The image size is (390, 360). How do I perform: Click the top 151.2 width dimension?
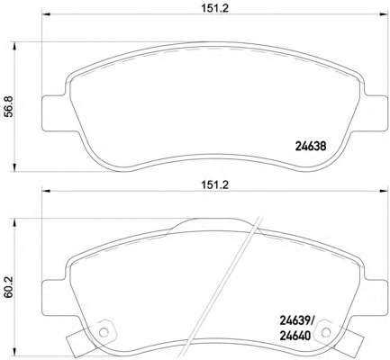(214, 8)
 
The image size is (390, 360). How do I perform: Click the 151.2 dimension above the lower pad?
(214, 184)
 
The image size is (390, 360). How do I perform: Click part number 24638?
(311, 147)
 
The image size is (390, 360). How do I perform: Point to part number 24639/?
(296, 321)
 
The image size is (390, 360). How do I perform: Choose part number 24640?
(295, 336)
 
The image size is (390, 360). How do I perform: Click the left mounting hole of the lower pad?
(104, 332)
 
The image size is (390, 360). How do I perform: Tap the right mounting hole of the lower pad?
(325, 332)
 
